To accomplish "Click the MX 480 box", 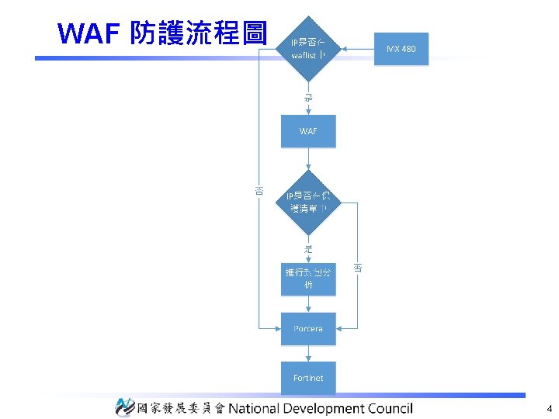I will click(x=401, y=50).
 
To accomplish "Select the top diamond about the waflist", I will click(x=308, y=49).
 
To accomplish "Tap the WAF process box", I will click(x=308, y=131).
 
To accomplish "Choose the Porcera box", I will click(x=308, y=329).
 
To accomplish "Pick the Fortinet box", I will click(x=308, y=378).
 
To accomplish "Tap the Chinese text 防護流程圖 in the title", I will click(x=199, y=34).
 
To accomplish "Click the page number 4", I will click(x=549, y=408).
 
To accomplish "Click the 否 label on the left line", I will click(x=259, y=189).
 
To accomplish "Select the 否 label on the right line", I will click(x=358, y=268).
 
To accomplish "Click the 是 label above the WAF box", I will click(x=308, y=99).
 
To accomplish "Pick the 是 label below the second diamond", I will click(x=308, y=249).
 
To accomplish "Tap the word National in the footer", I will click(x=256, y=408).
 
